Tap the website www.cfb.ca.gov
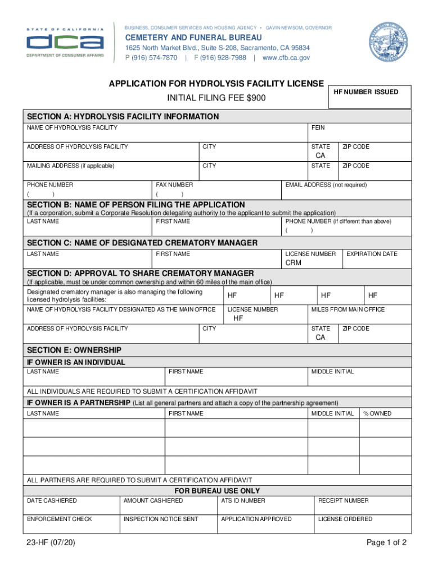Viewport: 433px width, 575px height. pyautogui.click(x=286, y=58)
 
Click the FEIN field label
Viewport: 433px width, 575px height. pyautogui.click(x=318, y=128)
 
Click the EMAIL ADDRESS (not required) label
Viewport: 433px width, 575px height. pyautogui.click(x=326, y=185)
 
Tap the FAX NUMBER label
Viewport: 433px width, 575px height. pyautogui.click(x=174, y=185)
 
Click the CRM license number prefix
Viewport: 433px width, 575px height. pyautogui.click(x=294, y=263)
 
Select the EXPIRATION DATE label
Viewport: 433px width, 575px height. pyautogui.click(x=372, y=254)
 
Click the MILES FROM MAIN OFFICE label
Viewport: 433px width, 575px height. pyautogui.click(x=348, y=309)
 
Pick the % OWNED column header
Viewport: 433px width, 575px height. pyautogui.click(x=377, y=413)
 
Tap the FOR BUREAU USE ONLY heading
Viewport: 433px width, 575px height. pyautogui.click(x=217, y=491)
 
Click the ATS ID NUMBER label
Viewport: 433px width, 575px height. pyautogui.click(x=243, y=500)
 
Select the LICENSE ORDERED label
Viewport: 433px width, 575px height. pyautogui.click(x=345, y=519)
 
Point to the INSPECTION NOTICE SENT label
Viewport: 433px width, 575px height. pyautogui.click(x=161, y=519)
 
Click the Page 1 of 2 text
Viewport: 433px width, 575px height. pyautogui.click(x=386, y=542)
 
